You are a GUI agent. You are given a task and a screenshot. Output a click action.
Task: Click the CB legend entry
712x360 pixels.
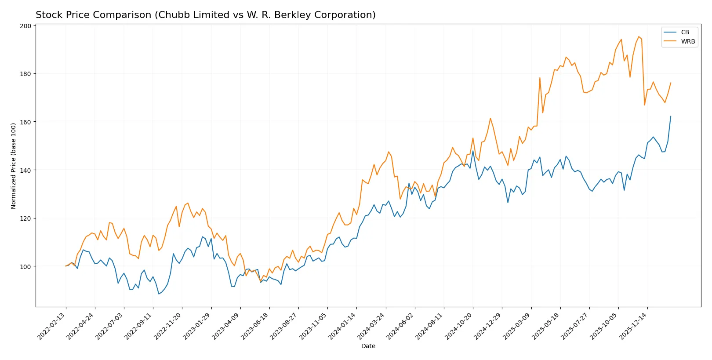[x=684, y=32]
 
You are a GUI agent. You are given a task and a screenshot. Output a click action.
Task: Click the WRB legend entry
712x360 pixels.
[x=687, y=41]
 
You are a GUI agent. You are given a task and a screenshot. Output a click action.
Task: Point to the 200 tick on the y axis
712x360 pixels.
[x=25, y=26]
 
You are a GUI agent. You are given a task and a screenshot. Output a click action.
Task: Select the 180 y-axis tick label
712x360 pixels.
[x=25, y=74]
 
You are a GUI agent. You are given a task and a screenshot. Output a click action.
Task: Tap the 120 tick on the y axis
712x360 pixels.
[x=25, y=218]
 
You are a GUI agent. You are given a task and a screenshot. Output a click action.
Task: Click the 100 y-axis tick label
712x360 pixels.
[x=25, y=266]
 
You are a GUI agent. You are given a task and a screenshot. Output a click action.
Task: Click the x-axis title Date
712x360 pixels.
[x=368, y=346]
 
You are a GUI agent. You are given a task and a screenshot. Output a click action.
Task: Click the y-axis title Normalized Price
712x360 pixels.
[x=13, y=166]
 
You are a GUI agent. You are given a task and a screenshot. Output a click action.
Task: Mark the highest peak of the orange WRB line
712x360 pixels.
[x=639, y=37]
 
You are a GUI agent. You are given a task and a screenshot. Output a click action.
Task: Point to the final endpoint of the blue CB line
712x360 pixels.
[x=671, y=116]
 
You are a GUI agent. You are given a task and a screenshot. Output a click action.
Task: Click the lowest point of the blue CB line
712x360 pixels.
[x=159, y=294]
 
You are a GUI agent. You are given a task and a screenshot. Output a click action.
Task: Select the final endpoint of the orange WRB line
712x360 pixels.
[x=671, y=83]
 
